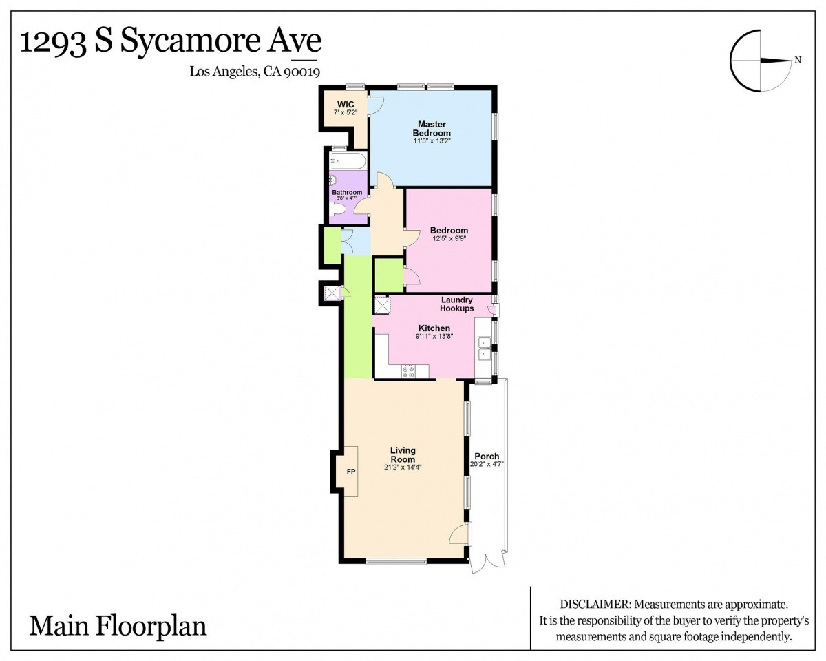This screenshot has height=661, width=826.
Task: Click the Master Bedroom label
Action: [432, 128]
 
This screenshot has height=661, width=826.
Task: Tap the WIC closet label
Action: [346, 105]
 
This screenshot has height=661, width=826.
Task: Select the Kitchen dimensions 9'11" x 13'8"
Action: [434, 337]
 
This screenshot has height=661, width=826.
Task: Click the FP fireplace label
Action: [351, 472]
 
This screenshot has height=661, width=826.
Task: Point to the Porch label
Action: [487, 456]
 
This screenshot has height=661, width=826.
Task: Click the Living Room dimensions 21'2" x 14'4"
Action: [403, 468]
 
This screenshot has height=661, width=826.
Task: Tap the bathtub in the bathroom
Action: [348, 161]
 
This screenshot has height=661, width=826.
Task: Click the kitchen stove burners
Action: [408, 371]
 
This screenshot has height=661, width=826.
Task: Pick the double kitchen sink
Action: [485, 348]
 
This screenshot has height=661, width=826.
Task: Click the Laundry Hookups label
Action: [456, 304]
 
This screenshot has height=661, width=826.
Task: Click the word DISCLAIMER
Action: [595, 604]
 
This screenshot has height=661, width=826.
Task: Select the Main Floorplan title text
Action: [118, 626]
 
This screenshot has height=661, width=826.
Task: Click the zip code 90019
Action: [301, 72]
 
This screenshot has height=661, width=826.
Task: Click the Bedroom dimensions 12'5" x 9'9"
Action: [449, 238]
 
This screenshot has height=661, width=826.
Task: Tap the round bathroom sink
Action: [332, 180]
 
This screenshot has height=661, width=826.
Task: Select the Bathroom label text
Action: [347, 192]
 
